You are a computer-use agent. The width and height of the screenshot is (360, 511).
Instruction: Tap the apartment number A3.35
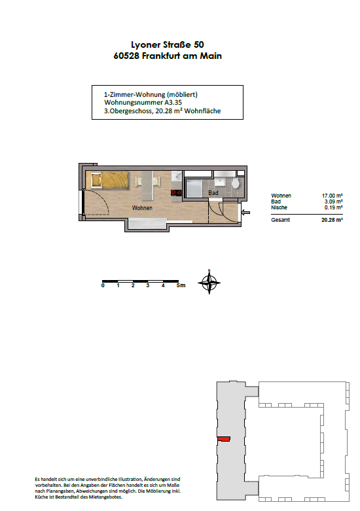point(173,102)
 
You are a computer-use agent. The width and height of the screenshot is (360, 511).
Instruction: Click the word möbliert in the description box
point(182,94)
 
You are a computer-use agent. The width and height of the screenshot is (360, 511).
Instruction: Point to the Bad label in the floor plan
point(213,193)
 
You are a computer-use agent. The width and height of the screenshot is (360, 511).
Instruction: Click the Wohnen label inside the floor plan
point(142,207)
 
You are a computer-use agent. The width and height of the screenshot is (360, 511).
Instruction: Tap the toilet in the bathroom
point(236,183)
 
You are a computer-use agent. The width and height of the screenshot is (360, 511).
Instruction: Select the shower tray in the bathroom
point(194,188)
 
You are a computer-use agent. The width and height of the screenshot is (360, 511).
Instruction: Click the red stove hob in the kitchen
point(177,192)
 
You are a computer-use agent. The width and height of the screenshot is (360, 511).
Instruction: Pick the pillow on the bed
point(96,180)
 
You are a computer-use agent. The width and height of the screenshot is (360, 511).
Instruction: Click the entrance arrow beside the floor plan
point(246,213)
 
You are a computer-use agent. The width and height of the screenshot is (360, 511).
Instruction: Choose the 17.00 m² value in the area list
point(332,196)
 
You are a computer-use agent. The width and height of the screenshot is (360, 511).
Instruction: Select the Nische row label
point(279,207)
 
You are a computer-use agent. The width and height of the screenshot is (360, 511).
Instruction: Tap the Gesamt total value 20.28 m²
point(332,220)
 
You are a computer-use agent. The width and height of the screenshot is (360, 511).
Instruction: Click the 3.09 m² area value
point(333,202)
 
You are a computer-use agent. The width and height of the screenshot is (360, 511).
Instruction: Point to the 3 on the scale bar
point(148,285)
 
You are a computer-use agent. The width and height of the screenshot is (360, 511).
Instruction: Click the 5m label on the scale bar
point(181,285)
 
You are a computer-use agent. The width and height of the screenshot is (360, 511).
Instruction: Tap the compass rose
point(209,282)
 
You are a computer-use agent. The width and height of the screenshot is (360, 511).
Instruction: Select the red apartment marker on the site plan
point(224,439)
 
